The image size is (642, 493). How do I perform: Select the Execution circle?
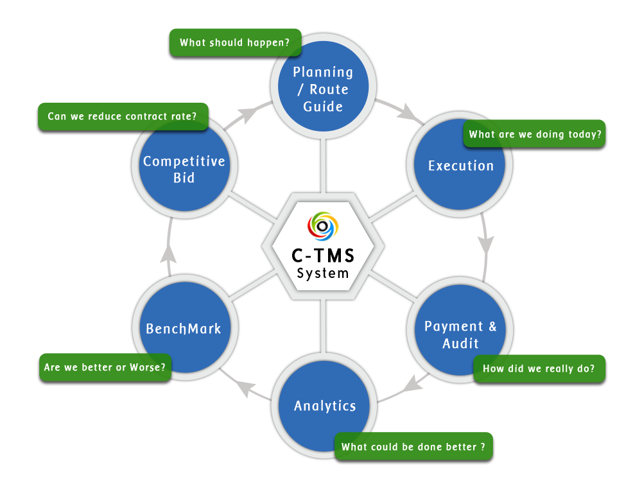click(x=461, y=166)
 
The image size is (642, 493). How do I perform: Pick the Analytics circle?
click(x=324, y=406)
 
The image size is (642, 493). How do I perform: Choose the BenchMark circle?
click(x=184, y=329)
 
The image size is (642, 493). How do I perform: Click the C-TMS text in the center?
click(x=322, y=255)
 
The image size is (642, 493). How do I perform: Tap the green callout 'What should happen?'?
click(x=234, y=43)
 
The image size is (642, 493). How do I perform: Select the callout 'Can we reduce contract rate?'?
click(x=122, y=117)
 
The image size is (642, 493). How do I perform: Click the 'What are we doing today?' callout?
click(x=535, y=134)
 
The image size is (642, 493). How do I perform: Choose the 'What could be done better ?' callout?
click(x=413, y=446)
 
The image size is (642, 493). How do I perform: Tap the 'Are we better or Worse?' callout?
click(x=105, y=368)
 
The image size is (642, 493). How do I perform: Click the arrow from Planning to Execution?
click(x=402, y=110)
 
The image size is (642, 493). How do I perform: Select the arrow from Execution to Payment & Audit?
click(x=486, y=241)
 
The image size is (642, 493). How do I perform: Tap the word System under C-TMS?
click(x=322, y=273)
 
